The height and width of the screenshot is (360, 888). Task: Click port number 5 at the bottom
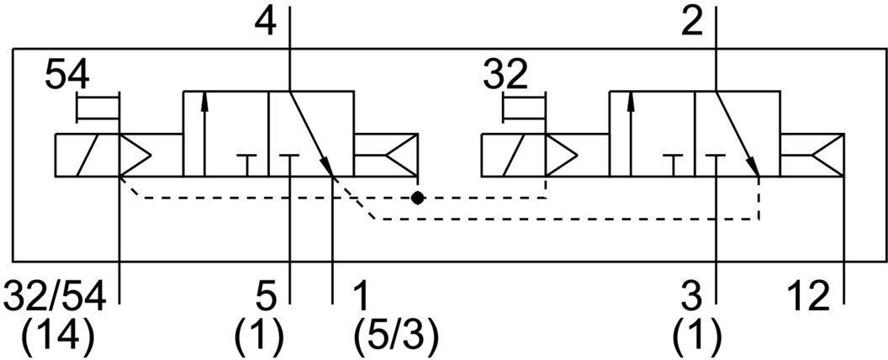click(266, 296)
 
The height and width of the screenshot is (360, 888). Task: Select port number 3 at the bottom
click(693, 296)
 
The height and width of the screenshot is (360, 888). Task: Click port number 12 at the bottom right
click(807, 296)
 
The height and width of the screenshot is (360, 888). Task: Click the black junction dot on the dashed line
click(417, 199)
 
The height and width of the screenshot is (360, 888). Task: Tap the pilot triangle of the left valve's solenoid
click(135, 156)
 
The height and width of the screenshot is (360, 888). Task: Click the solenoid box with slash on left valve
click(87, 156)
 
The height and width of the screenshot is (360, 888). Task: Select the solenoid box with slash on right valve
click(511, 156)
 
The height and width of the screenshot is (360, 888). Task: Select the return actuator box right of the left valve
click(385, 156)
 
